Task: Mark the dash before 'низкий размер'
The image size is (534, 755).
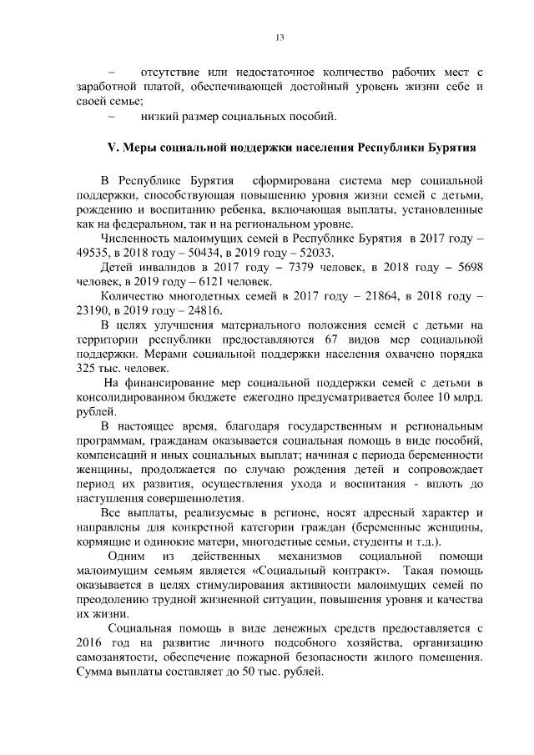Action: click(110, 114)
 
